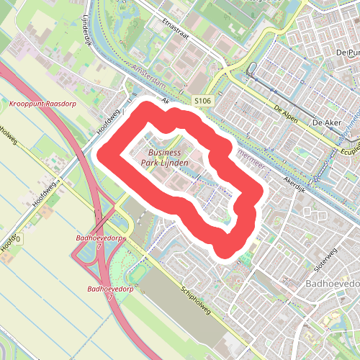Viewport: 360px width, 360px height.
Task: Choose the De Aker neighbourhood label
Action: [x=326, y=123]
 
